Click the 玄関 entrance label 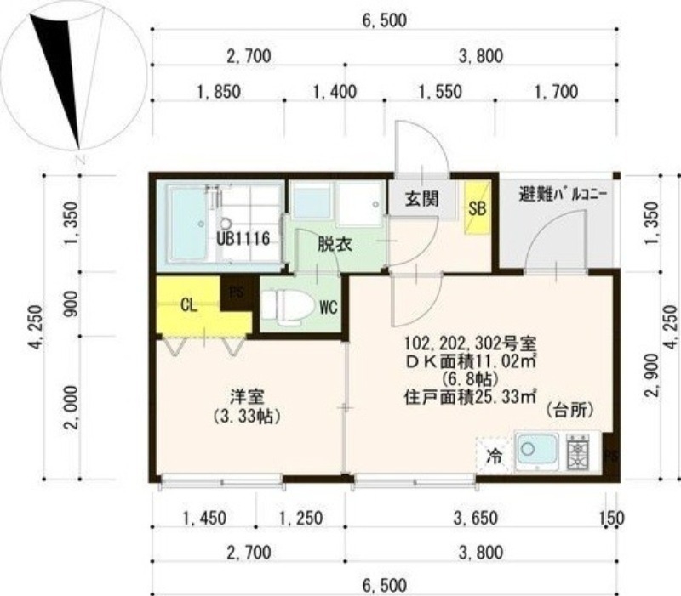pyautogui.click(x=421, y=200)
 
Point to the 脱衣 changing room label pyautogui.click(x=335, y=244)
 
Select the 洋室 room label pyautogui.click(x=249, y=396)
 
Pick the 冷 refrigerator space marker pyautogui.click(x=494, y=455)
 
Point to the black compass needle pyautogui.click(x=64, y=77)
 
